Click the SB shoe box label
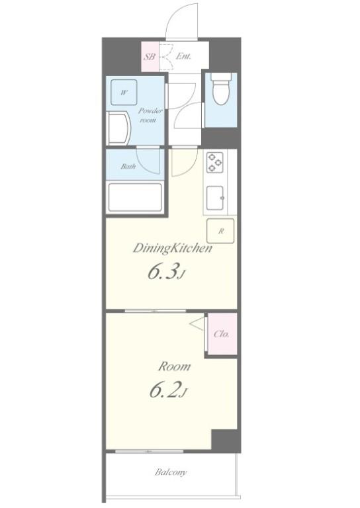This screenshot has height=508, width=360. click(x=149, y=57)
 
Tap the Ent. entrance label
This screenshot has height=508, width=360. click(x=183, y=57)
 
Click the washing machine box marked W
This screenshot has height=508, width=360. click(x=124, y=93)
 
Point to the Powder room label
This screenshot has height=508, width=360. click(x=148, y=116)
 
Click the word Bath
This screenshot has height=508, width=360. click(x=128, y=167)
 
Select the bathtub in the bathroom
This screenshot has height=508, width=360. click(x=134, y=196)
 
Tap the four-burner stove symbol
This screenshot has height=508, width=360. click(x=215, y=163)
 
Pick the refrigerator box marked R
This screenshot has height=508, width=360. click(x=221, y=232)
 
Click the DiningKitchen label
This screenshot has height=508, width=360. click(x=173, y=249)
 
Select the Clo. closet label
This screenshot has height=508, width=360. click(x=222, y=334)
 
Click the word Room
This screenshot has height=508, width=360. click(x=174, y=366)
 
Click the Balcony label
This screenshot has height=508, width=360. click(x=171, y=472)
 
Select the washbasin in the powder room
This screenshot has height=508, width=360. click(x=120, y=126)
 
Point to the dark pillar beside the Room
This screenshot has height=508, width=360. click(x=225, y=440)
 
